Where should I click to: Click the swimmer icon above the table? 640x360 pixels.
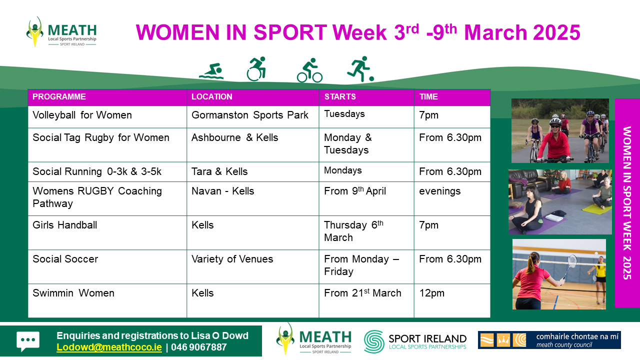pyautogui.click(x=211, y=71)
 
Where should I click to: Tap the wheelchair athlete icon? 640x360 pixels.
pyautogui.click(x=256, y=69)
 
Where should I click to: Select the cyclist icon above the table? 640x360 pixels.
pyautogui.click(x=309, y=70)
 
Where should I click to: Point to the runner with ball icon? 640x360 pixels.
pyautogui.click(x=360, y=69)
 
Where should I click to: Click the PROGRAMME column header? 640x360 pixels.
pyautogui.click(x=59, y=96)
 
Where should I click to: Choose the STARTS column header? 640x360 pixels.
pyautogui.click(x=340, y=96)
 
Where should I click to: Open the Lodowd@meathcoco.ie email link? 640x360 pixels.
pyautogui.click(x=109, y=347)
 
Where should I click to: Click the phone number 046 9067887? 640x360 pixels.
pyautogui.click(x=199, y=347)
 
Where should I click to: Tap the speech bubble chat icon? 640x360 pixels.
pyautogui.click(x=27, y=341)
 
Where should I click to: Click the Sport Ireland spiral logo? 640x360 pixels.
pyautogui.click(x=373, y=341)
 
